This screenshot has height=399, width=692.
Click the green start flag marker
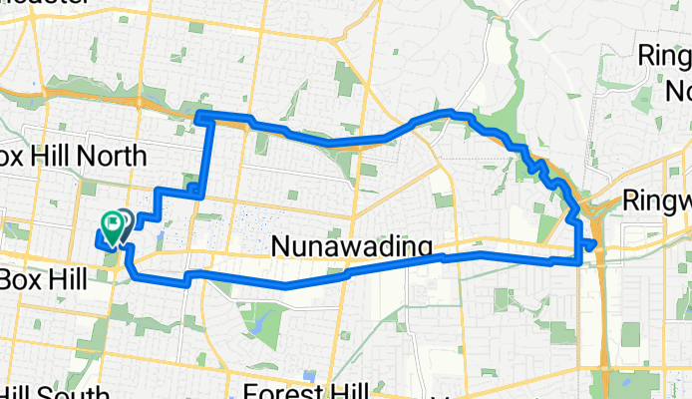(x=109, y=224)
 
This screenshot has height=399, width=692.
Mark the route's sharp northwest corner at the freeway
(x=198, y=117)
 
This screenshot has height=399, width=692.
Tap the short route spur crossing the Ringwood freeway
(x=589, y=243)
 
